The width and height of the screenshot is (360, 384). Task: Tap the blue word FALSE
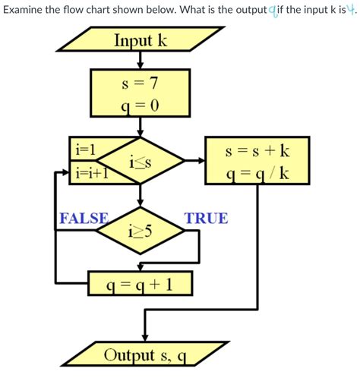coord(83,219)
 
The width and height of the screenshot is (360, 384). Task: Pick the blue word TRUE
coord(205,219)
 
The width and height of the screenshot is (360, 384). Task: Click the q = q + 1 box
coord(141,284)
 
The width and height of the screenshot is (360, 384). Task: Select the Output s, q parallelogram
coord(144,354)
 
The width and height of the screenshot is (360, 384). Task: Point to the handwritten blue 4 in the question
coord(350,10)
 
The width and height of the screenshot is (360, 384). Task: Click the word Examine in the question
coord(26,10)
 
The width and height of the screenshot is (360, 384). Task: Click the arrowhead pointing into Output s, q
coord(144,338)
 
